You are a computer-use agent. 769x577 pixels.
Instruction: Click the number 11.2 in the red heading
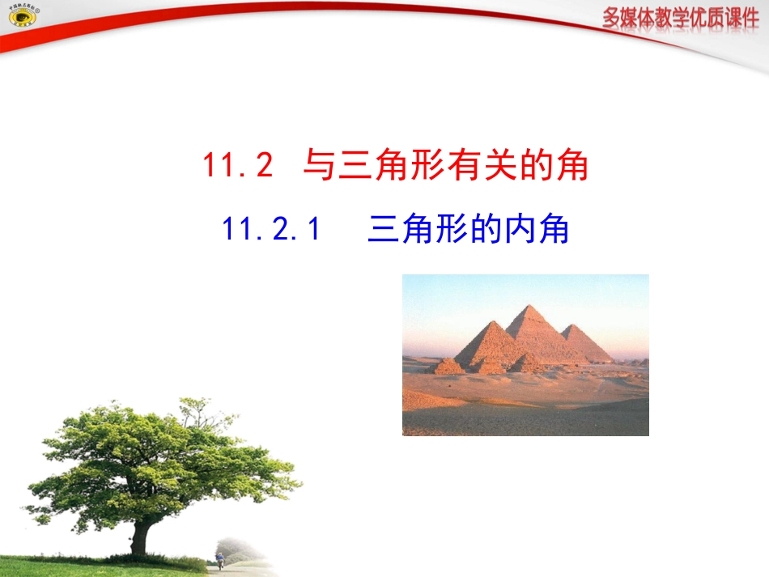pyautogui.click(x=238, y=167)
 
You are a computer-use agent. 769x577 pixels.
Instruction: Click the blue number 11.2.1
pyautogui.click(x=271, y=231)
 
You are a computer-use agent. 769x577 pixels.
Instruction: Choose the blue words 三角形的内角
pyautogui.click(x=468, y=231)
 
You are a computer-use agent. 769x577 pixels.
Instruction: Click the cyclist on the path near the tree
pyautogui.click(x=219, y=558)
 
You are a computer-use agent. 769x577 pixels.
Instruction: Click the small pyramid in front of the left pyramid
pyautogui.click(x=447, y=367)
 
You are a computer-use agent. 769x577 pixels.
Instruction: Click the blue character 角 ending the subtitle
pyautogui.click(x=552, y=231)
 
